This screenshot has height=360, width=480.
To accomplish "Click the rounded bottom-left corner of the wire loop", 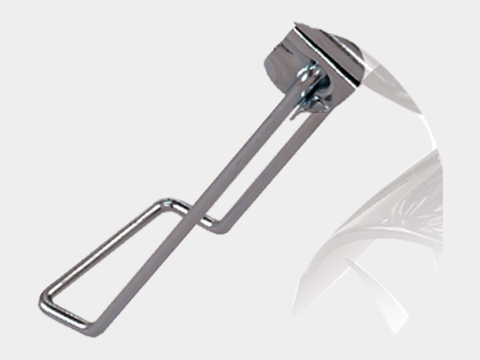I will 45,302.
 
